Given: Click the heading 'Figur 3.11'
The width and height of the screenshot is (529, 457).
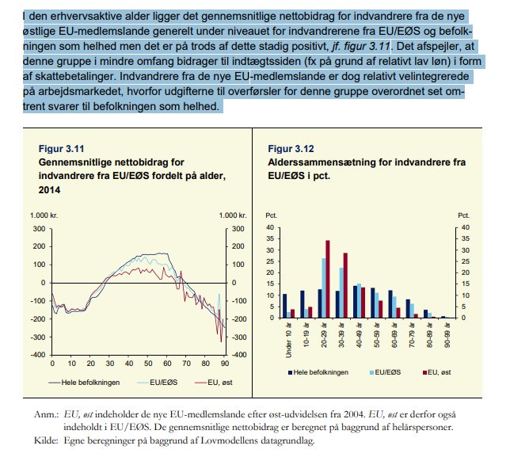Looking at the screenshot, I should (62, 148).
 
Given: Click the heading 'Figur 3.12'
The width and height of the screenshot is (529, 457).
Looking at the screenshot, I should (291, 148).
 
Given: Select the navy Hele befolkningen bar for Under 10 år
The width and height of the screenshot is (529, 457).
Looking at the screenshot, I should (284, 306).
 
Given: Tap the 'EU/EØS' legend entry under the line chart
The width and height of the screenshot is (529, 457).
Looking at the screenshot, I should (154, 383).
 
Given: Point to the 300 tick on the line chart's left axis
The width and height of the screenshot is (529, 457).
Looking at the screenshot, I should (38, 228).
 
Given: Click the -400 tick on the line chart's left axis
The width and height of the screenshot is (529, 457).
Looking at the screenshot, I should (36, 354).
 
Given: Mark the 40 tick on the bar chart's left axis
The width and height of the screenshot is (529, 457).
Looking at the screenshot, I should (271, 228).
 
